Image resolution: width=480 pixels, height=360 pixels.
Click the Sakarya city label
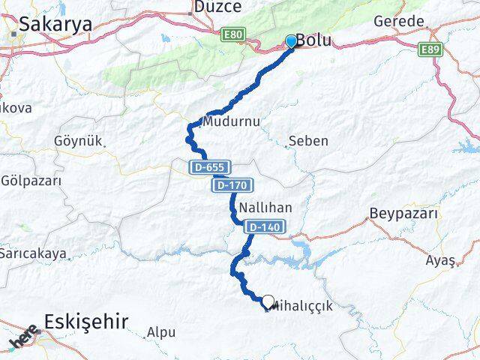click(x=55, y=24)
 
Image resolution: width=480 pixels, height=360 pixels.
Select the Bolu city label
click(x=314, y=42)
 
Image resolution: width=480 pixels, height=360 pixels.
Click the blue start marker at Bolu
click(x=291, y=41)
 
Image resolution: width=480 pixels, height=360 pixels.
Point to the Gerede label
click(x=398, y=21)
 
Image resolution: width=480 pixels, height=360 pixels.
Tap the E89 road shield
click(x=430, y=48)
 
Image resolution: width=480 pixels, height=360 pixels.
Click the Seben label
click(x=308, y=140)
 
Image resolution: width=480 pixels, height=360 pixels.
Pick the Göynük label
click(x=77, y=140)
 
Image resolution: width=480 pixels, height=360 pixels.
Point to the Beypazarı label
click(x=403, y=214)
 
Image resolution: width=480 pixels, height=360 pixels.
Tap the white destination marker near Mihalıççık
click(x=268, y=301)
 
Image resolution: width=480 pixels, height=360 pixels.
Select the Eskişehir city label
click(x=85, y=322)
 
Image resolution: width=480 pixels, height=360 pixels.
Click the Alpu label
click(x=161, y=331)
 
